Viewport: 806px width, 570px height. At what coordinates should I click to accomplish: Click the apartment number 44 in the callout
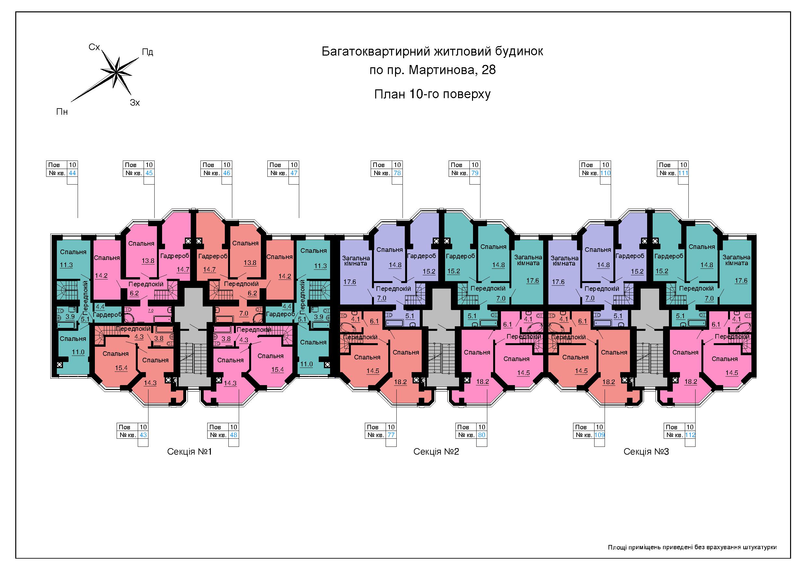click(72, 173)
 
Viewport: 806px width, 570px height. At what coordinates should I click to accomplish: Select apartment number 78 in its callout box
click(397, 173)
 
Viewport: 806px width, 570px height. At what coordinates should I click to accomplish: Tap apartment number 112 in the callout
click(690, 435)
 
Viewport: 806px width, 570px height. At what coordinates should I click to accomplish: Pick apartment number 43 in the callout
click(143, 435)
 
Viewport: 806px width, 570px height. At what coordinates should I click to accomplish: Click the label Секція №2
click(436, 452)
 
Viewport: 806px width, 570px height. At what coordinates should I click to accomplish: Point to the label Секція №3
click(646, 452)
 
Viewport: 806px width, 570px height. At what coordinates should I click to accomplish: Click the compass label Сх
click(95, 47)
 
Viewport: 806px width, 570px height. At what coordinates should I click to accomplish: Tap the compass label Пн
click(62, 112)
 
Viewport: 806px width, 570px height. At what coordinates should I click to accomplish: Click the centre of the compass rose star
click(116, 72)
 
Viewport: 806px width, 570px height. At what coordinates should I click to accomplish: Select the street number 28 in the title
click(489, 70)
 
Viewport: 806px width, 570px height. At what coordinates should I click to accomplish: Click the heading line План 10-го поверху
click(432, 94)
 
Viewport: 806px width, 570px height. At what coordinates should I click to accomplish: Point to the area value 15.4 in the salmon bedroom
click(121, 368)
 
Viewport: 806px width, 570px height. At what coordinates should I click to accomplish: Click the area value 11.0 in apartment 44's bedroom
click(78, 352)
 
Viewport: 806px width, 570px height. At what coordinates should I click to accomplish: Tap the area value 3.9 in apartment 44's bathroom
click(70, 317)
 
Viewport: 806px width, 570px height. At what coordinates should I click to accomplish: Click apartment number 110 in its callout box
click(605, 173)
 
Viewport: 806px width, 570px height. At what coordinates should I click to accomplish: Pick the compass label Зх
click(135, 103)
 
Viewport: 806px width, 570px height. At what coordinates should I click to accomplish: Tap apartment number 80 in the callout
click(482, 435)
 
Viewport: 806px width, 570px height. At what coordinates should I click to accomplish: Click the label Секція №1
click(190, 452)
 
